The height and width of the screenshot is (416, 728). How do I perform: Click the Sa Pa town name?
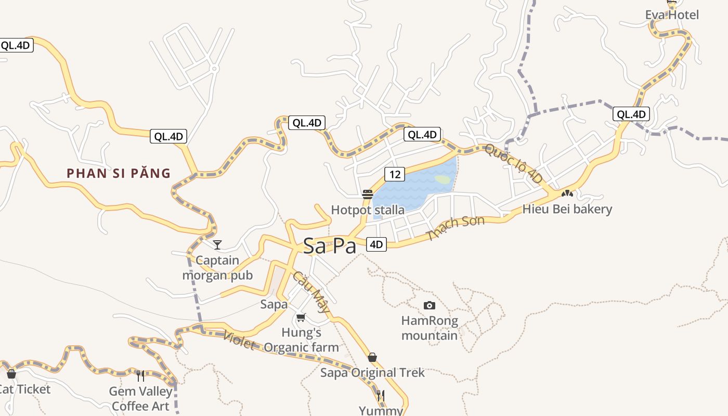point(329,245)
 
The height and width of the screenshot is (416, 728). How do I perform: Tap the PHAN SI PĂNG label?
point(119,173)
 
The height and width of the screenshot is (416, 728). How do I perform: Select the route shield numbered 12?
point(395,174)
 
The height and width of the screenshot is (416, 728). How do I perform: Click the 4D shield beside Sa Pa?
point(376,244)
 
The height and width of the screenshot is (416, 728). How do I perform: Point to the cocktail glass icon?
point(217,244)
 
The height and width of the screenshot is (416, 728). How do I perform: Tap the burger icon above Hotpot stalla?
point(368,194)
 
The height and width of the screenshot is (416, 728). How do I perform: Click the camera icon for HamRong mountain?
point(429,305)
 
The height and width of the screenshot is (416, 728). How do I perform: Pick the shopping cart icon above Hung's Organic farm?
point(301,317)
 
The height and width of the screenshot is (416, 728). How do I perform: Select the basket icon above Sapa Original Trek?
point(372,357)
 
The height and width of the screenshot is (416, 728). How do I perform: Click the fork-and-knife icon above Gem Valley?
point(140,375)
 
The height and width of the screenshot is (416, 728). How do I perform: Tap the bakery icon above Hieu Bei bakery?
point(567,193)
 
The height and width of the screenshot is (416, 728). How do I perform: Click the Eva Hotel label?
point(672,15)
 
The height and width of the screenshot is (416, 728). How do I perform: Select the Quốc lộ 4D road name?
point(513,163)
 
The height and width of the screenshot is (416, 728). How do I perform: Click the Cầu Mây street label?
point(310,292)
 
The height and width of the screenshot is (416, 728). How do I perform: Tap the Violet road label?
point(239,340)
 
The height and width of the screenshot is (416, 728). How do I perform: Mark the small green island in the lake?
point(442,179)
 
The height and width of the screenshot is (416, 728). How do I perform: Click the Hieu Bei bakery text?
point(567,209)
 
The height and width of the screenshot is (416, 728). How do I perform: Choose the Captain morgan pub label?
point(217,267)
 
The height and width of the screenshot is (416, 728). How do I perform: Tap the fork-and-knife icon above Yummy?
point(381,396)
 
